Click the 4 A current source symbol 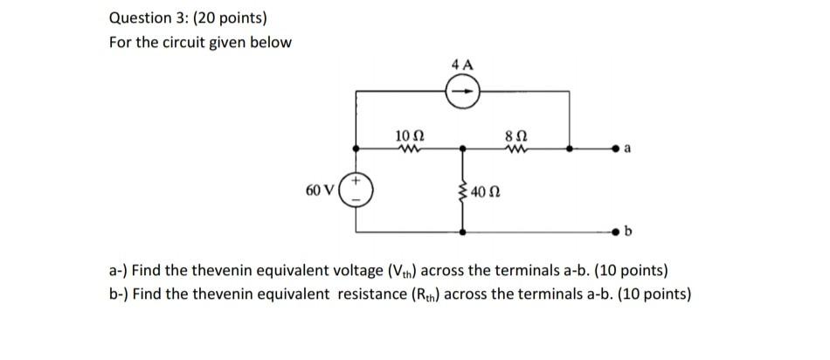[463, 90]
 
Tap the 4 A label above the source [463, 63]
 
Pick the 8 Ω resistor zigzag [515, 149]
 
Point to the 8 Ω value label [515, 135]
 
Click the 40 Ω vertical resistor [463, 190]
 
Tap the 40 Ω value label [484, 191]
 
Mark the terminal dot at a [616, 149]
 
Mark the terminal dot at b [616, 232]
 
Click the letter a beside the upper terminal [626, 151]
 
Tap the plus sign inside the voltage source [356, 183]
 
